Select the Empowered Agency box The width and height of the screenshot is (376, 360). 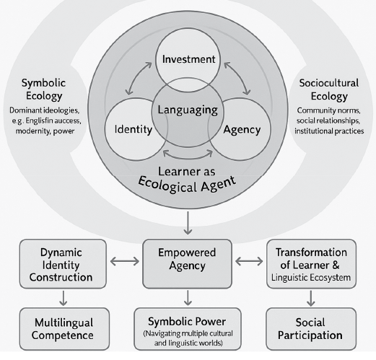tap(187, 261)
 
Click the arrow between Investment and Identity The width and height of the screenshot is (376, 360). tap(138, 82)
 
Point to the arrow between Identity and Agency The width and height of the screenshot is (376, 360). tap(187, 154)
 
